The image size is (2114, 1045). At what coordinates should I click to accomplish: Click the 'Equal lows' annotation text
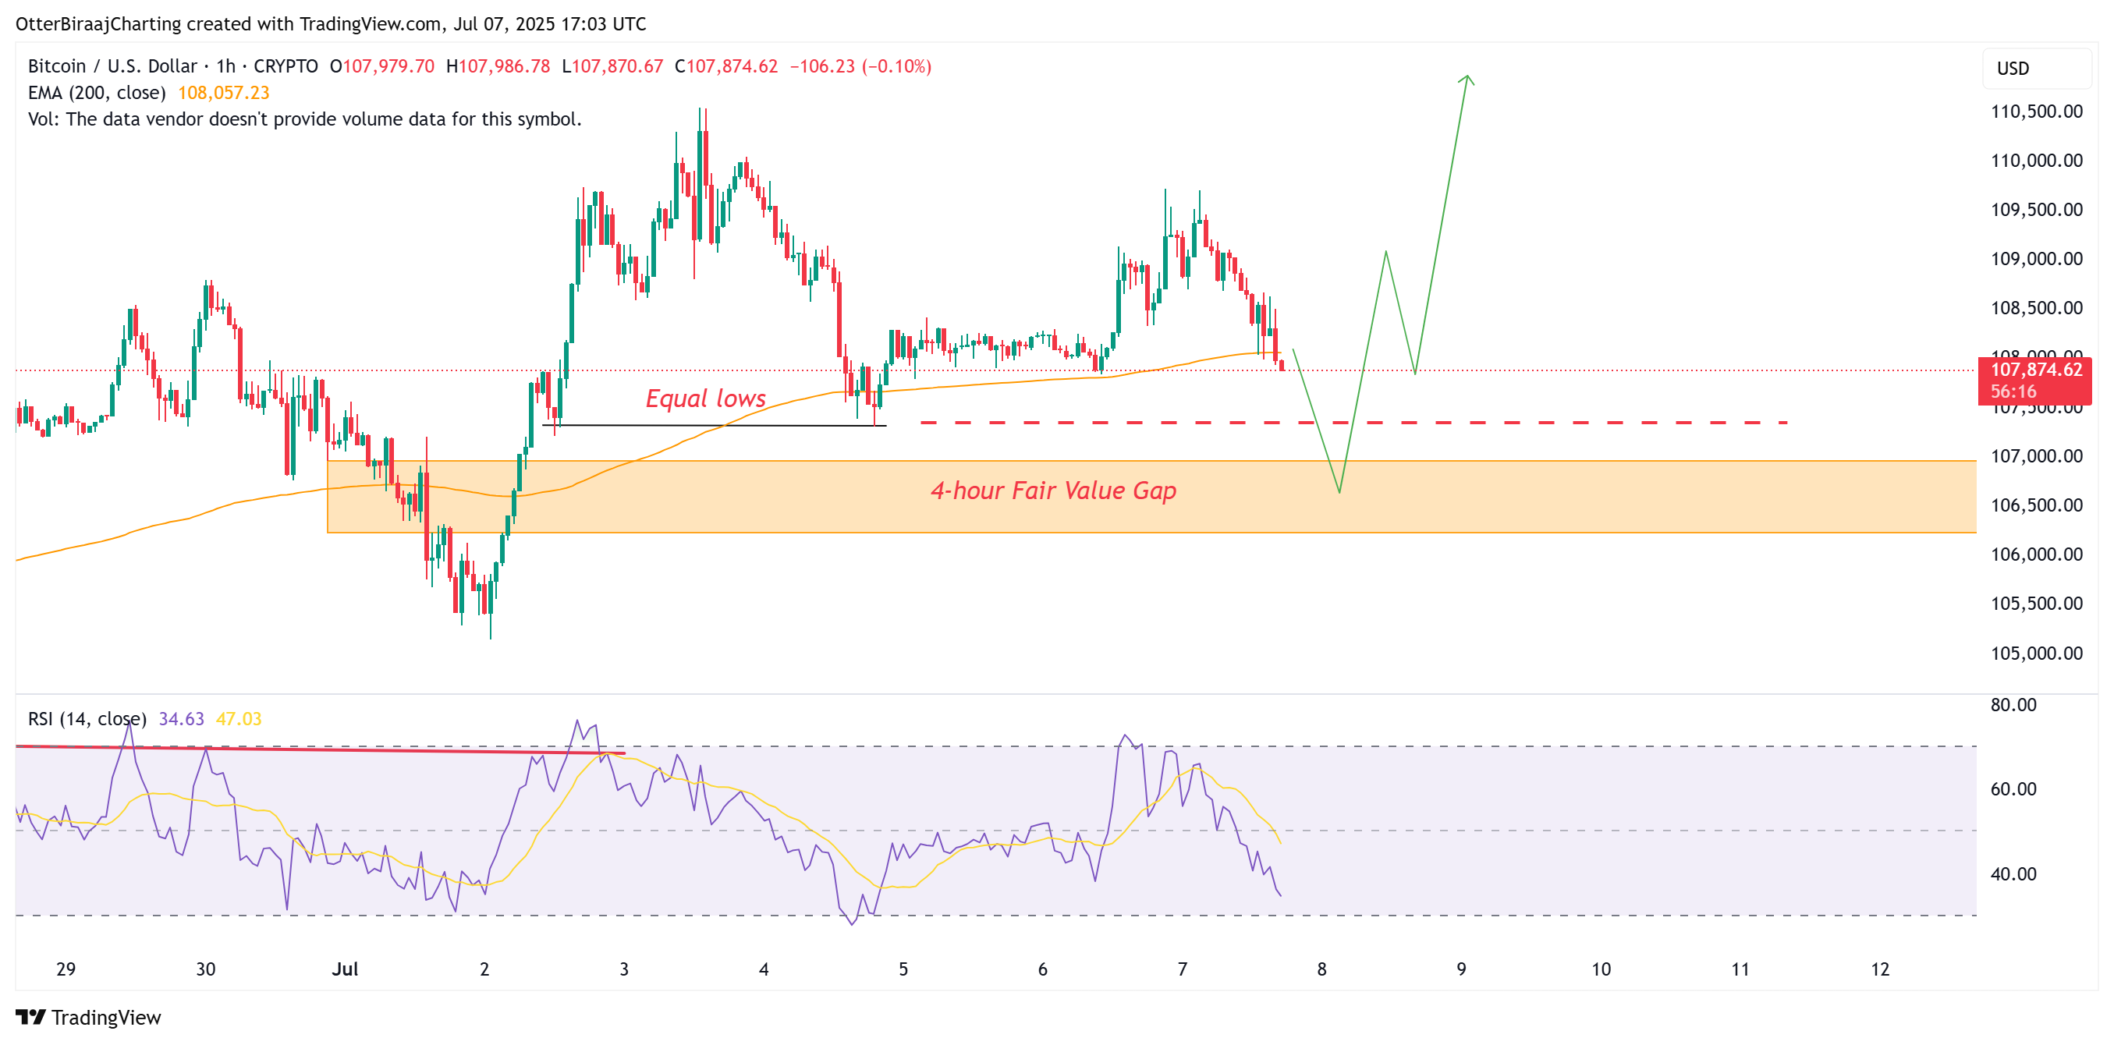(x=705, y=399)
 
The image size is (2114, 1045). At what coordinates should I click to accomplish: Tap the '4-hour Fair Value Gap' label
(x=1053, y=491)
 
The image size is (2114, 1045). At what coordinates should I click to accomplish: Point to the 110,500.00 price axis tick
(x=2036, y=112)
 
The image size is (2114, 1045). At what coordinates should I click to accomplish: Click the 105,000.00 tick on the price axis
(x=2036, y=654)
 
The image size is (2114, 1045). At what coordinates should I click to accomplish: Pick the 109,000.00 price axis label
(x=2036, y=259)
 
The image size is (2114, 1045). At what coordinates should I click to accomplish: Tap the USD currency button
(x=2013, y=69)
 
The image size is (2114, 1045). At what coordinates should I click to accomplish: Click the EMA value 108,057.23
(x=223, y=93)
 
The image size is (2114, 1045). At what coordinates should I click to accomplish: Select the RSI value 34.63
(x=180, y=719)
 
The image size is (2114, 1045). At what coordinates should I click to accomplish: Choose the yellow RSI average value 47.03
(x=238, y=719)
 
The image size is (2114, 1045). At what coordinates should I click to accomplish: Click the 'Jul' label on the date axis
(x=345, y=969)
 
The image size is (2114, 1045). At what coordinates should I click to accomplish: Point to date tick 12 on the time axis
(x=1879, y=969)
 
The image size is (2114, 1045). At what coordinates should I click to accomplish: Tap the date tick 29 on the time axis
(x=66, y=969)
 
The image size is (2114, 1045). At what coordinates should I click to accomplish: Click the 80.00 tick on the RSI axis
(x=2013, y=706)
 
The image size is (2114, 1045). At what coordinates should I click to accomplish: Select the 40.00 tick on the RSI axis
(x=2013, y=874)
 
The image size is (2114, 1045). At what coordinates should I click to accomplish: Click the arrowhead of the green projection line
(x=1467, y=78)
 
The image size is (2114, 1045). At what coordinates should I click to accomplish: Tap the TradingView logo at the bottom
(x=89, y=1018)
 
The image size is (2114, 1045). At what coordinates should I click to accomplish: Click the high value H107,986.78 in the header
(x=498, y=66)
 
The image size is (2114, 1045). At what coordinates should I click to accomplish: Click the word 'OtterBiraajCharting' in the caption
(x=98, y=24)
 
